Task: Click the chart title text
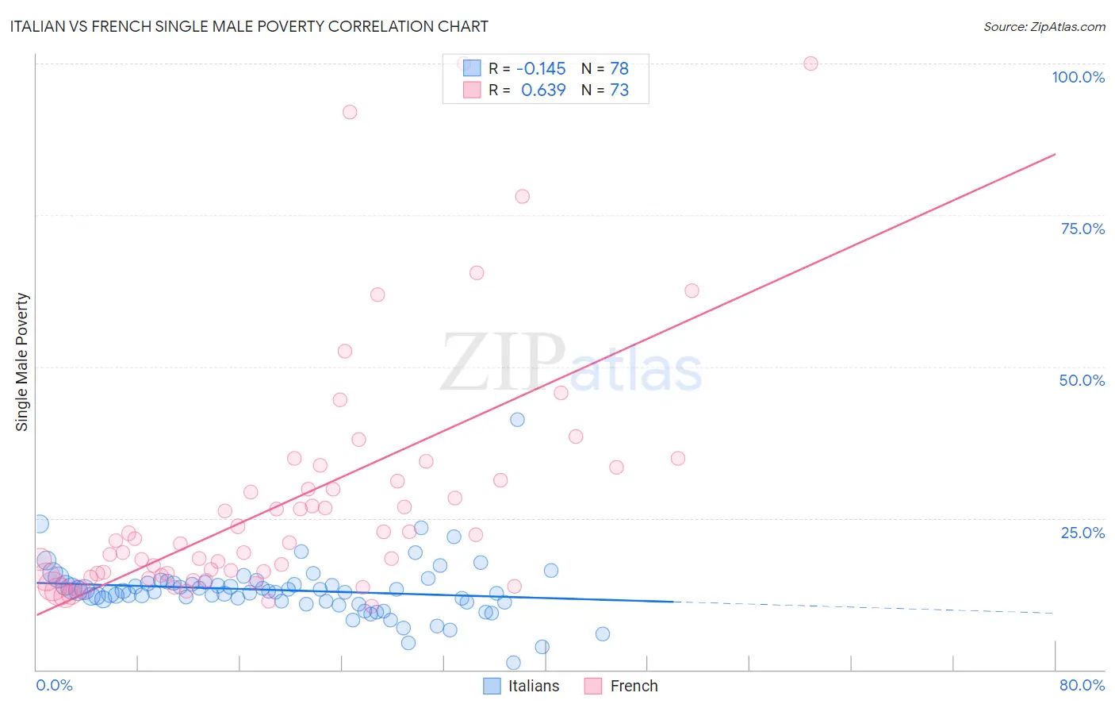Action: point(249,26)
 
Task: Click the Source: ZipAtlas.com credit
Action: point(1044,26)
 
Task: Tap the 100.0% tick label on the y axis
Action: point(1078,77)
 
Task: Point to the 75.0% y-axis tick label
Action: point(1082,229)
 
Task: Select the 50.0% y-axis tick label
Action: point(1082,380)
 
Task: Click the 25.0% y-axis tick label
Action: point(1082,533)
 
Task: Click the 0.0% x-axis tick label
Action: point(54,685)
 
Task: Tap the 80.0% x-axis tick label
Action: point(1082,685)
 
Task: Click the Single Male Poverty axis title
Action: point(22,362)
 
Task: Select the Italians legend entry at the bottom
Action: point(522,686)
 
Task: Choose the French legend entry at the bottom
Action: point(622,686)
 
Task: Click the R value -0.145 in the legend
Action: point(541,69)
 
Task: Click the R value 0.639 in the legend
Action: point(543,90)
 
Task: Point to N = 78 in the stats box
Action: point(605,69)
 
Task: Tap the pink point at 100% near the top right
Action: point(810,63)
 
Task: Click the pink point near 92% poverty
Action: point(350,112)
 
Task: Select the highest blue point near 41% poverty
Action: point(517,420)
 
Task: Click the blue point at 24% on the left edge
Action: point(40,524)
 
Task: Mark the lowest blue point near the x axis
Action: point(513,663)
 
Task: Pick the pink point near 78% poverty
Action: point(522,196)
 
